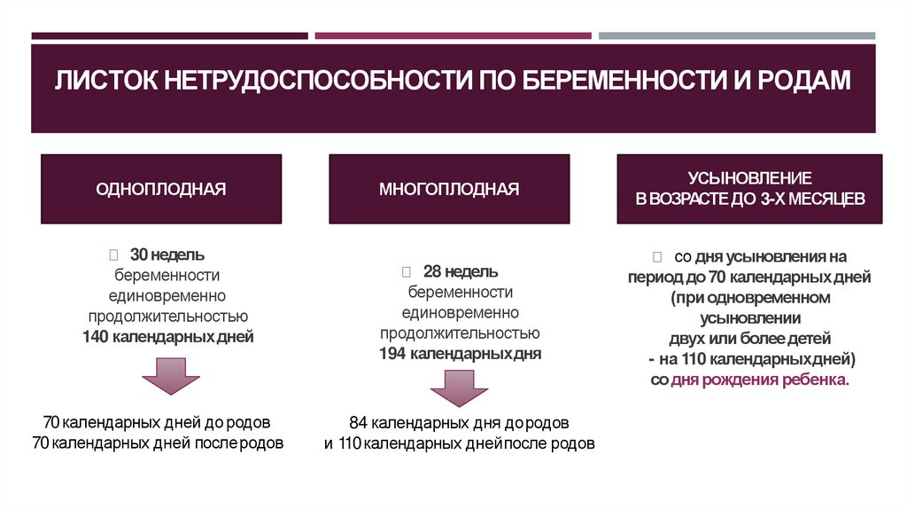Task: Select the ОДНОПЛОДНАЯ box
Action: [161, 189]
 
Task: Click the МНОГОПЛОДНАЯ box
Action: [449, 189]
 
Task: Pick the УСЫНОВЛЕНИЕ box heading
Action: [749, 178]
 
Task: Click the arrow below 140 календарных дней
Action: [170, 376]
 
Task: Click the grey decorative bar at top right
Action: [736, 36]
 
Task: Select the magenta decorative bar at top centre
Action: [453, 36]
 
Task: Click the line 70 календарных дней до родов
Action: [157, 421]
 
